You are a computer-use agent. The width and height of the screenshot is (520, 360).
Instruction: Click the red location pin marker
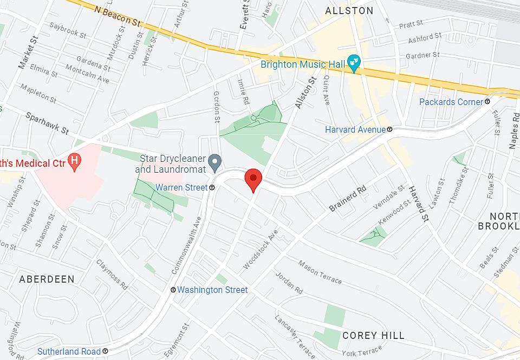pos(253,178)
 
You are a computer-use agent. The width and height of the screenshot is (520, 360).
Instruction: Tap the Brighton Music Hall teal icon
pos(354,64)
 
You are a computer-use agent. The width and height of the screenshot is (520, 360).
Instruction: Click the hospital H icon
pos(76,162)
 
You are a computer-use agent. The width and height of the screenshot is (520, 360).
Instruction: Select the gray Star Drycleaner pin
pos(215,161)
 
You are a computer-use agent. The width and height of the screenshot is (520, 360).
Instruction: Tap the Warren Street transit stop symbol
pos(212,187)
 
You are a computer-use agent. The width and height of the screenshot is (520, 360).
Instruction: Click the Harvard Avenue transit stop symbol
pos(389,130)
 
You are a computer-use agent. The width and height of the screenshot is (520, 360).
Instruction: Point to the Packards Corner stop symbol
pos(487,102)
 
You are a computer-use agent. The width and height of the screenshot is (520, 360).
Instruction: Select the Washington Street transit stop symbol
pos(173,290)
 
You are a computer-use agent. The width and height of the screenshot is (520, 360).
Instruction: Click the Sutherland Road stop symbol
pos(105,351)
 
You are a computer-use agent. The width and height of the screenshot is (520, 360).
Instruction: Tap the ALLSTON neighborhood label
pos(349,11)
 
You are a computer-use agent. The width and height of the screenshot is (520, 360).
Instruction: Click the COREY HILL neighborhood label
pos(373,336)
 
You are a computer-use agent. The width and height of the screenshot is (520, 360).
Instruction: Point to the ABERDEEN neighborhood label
pos(47,279)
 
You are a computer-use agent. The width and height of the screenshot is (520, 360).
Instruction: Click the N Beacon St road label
pos(117,16)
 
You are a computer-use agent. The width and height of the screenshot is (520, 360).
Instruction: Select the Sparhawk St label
pos(47,123)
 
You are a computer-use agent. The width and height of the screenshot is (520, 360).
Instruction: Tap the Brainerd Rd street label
pos(348,199)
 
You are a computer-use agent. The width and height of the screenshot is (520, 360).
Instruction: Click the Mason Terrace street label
pos(320,272)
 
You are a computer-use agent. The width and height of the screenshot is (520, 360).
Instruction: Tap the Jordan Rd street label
pos(284,282)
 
